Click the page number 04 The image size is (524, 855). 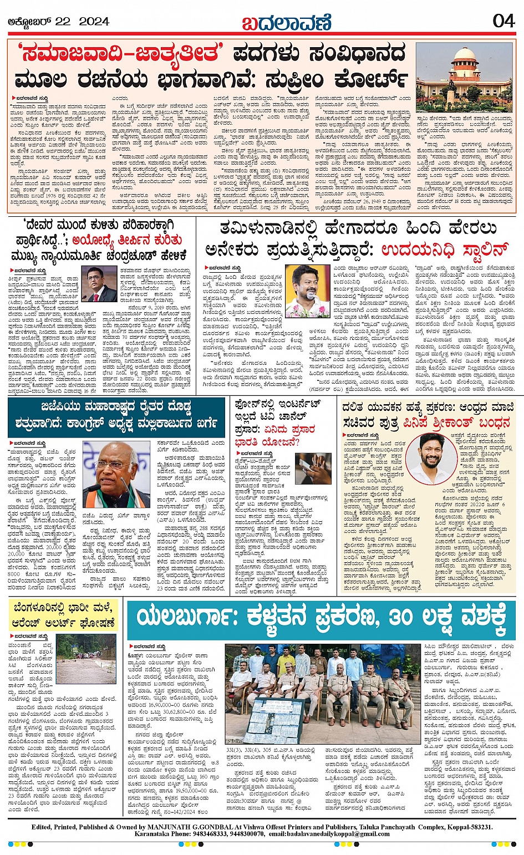503,21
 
